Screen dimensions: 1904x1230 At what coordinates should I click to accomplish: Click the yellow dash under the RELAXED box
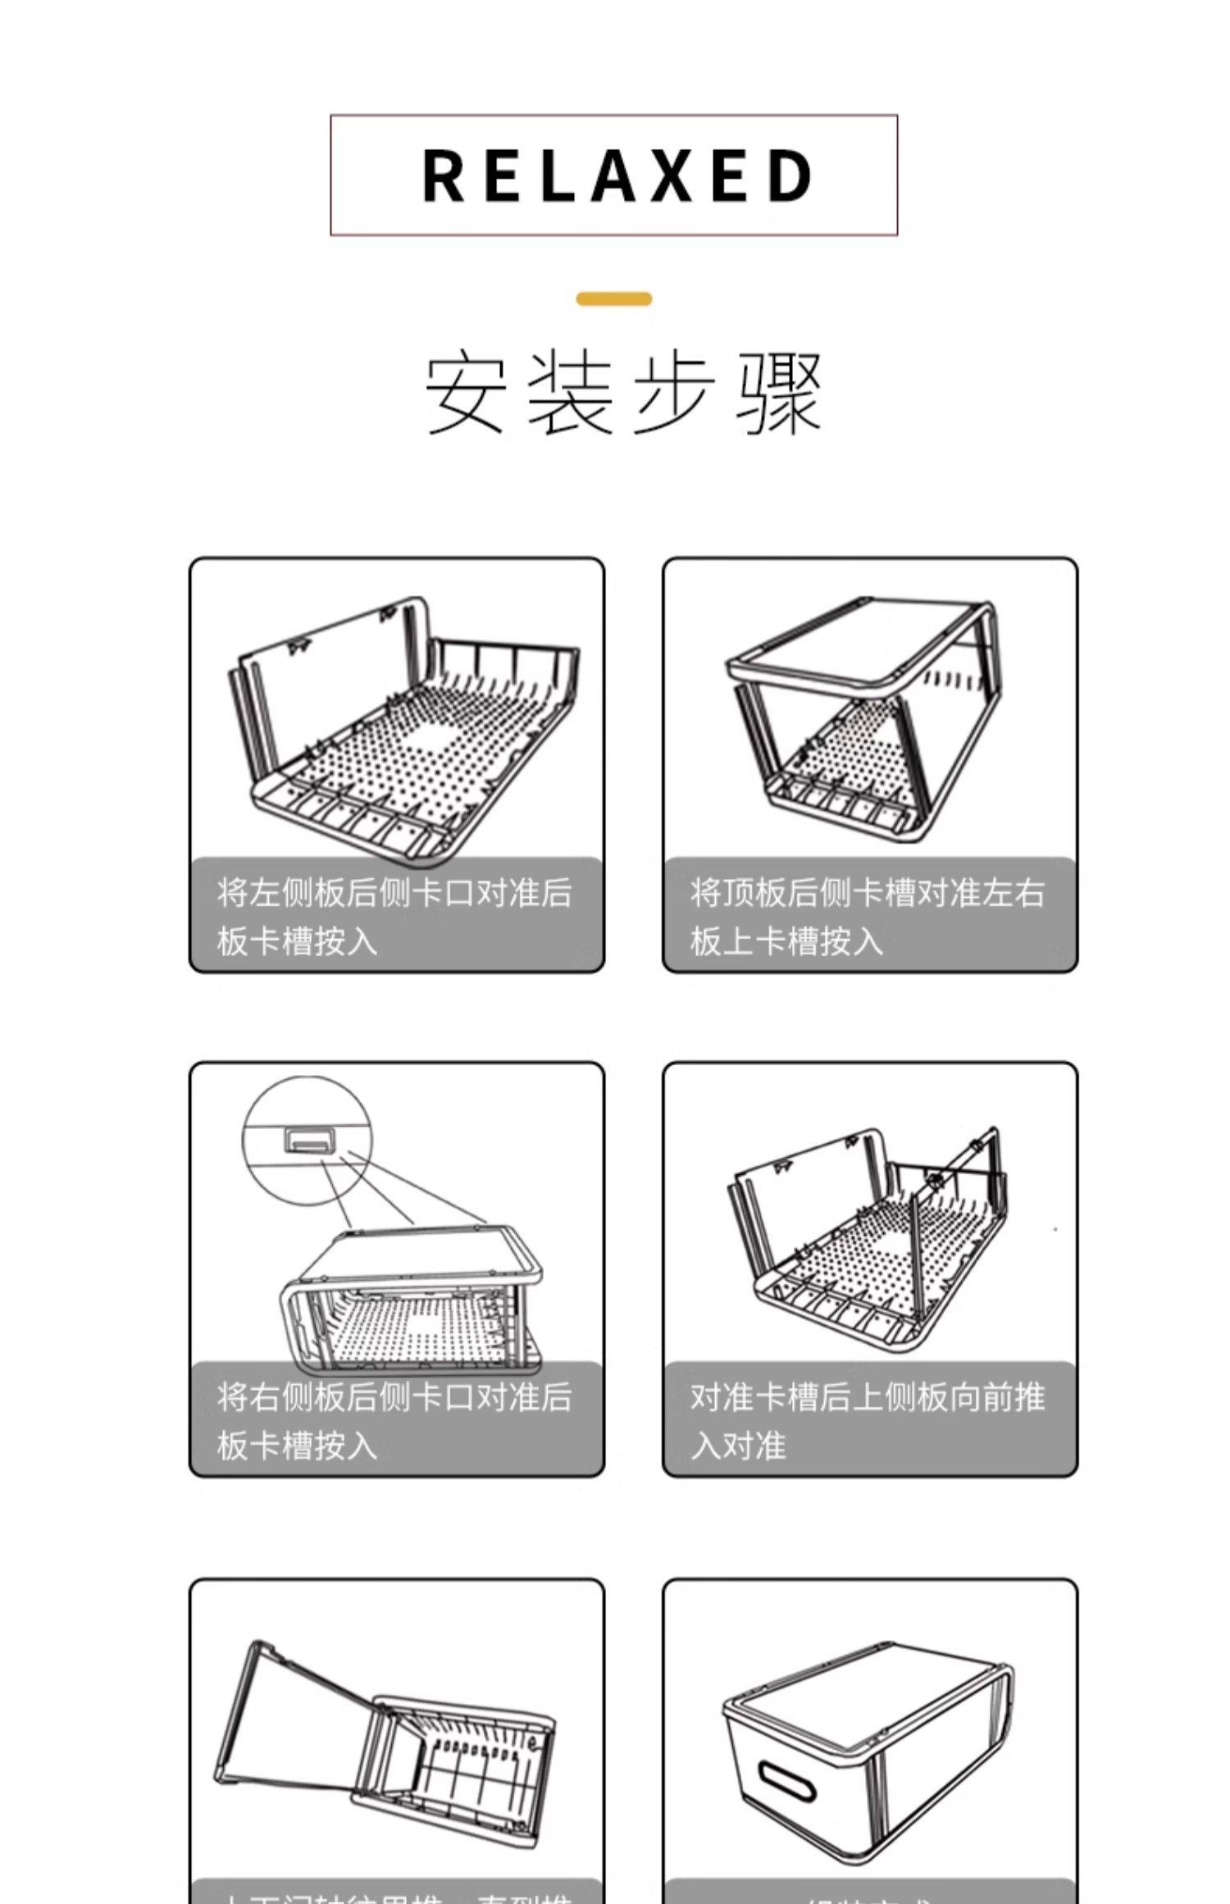(x=613, y=299)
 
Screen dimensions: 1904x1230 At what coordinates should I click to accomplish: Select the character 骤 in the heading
(x=778, y=394)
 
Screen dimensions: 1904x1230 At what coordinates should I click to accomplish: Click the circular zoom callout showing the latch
(x=307, y=1141)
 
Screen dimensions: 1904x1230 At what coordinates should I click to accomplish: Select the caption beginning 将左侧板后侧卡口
(x=394, y=916)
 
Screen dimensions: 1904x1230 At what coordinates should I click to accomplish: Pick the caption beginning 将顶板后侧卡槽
(x=868, y=916)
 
